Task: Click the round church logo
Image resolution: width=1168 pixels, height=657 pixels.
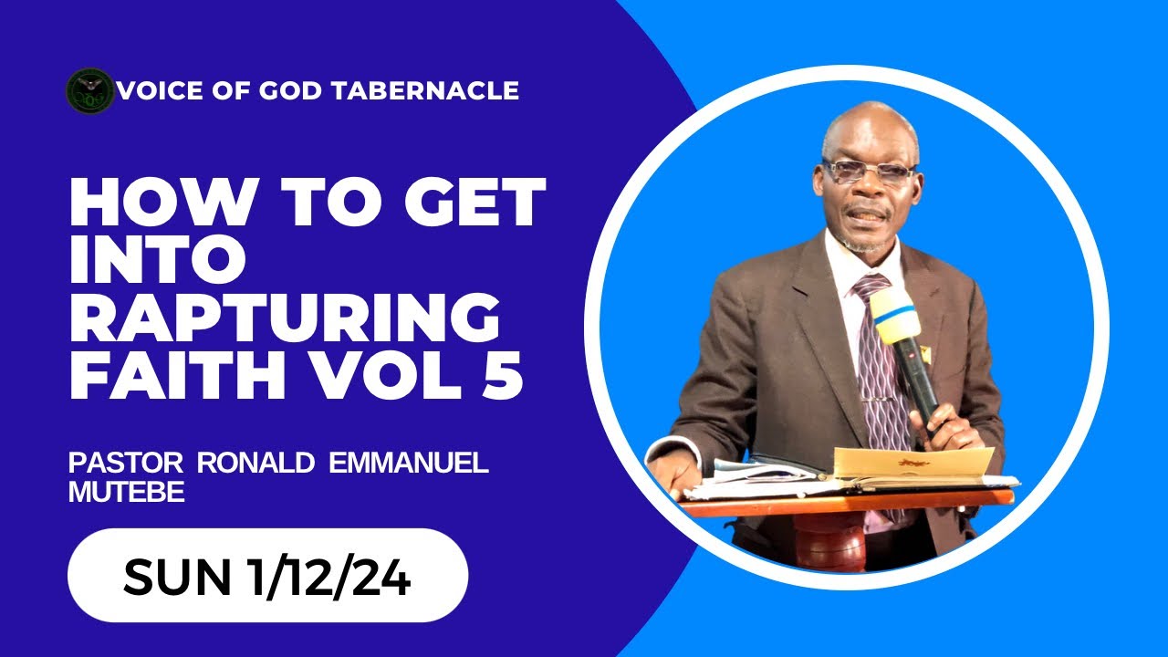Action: (90, 90)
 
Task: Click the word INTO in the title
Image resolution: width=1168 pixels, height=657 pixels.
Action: (158, 261)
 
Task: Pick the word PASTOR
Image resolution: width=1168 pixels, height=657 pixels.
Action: (128, 462)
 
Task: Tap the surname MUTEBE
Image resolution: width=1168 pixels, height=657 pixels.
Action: (127, 492)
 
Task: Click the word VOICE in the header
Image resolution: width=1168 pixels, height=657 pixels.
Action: (156, 90)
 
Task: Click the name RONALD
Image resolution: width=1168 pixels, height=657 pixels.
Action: (251, 462)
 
